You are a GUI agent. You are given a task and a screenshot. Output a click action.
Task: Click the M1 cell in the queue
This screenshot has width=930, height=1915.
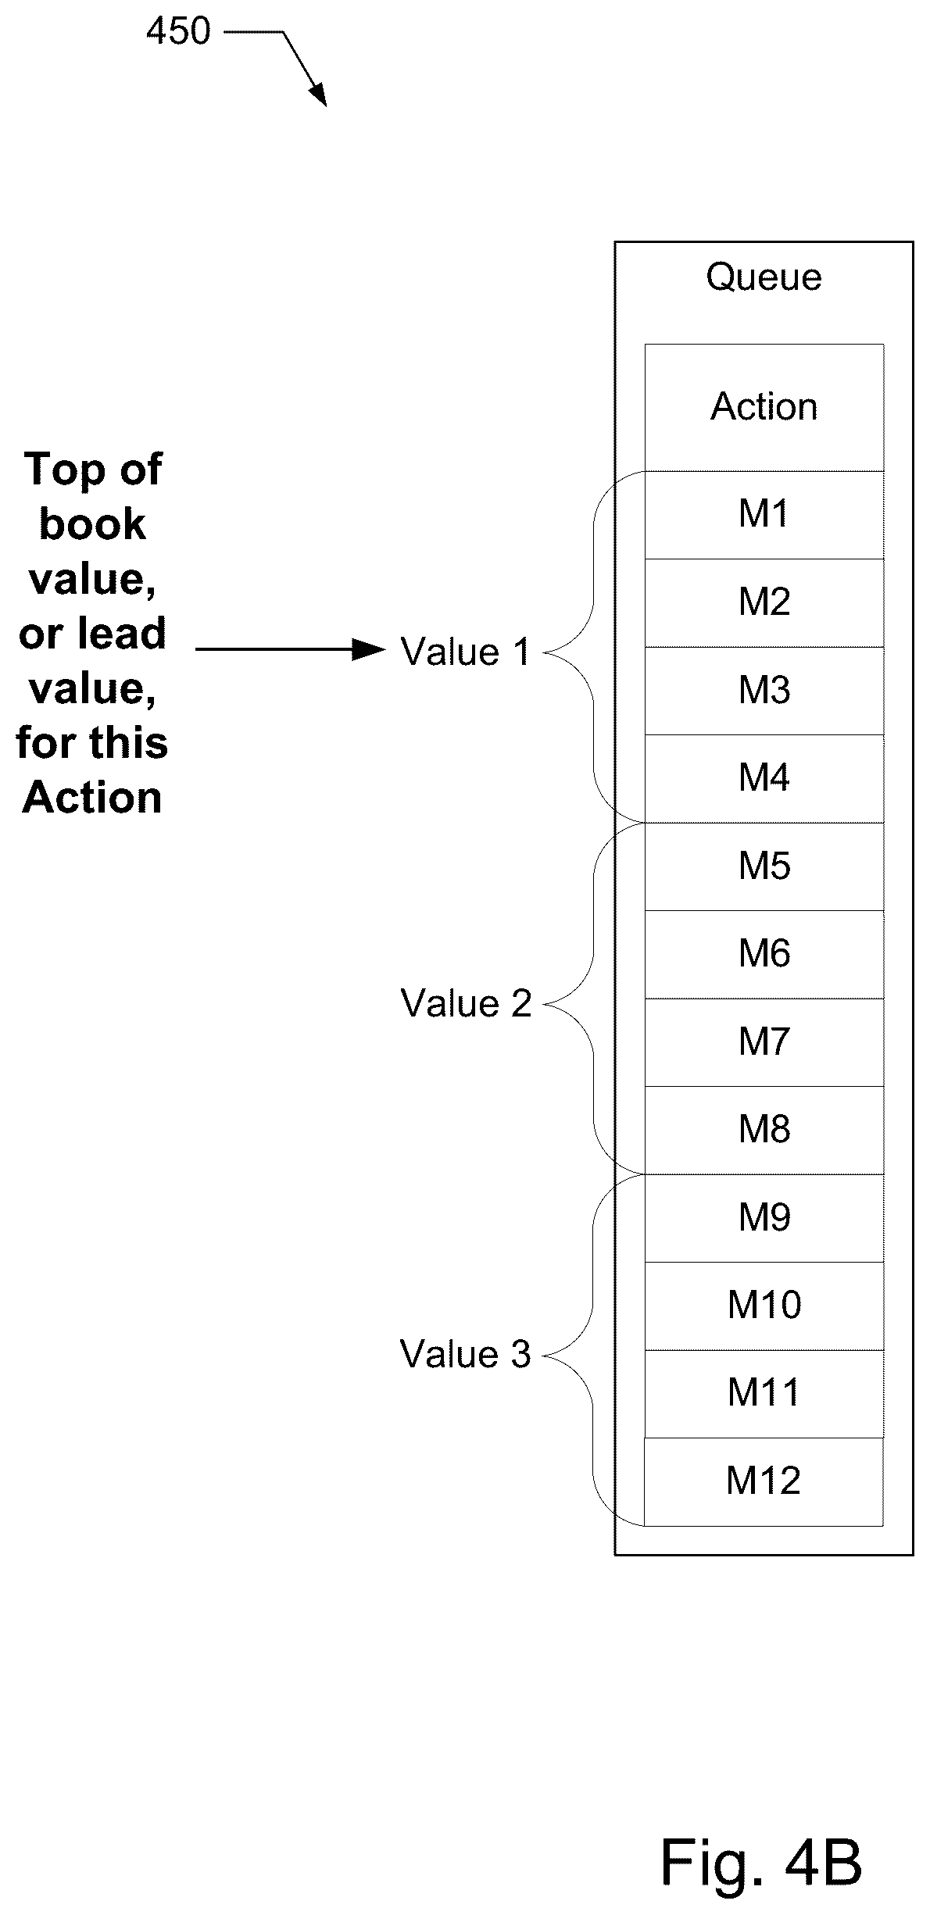pyautogui.click(x=764, y=515)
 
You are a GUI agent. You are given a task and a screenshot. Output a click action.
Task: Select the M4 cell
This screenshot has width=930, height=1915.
pyautogui.click(x=764, y=778)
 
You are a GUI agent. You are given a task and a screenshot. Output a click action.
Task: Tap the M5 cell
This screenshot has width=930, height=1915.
pyautogui.click(x=764, y=866)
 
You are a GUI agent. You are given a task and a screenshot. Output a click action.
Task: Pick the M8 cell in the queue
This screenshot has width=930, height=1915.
pyautogui.click(x=764, y=1130)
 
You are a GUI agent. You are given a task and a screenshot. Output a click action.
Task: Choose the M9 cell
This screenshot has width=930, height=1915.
pyautogui.click(x=764, y=1218)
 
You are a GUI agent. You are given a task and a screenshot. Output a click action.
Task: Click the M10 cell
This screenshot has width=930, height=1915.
pyautogui.click(x=764, y=1306)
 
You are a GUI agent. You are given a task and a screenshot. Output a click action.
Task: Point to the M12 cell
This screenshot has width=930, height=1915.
pyautogui.click(x=764, y=1481)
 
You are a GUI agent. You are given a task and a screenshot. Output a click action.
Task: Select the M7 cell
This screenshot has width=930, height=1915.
pyautogui.click(x=764, y=1042)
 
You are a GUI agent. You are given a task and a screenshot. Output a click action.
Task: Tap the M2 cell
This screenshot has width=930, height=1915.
pyautogui.click(x=764, y=602)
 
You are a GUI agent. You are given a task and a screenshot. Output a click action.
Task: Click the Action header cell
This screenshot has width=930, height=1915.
pyautogui.click(x=764, y=408)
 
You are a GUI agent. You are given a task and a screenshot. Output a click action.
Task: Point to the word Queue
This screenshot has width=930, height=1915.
pyautogui.click(x=764, y=278)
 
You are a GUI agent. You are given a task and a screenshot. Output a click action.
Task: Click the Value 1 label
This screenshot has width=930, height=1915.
pyautogui.click(x=466, y=652)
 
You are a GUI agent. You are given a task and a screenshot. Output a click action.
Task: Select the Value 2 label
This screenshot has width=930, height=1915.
pyautogui.click(x=466, y=1003)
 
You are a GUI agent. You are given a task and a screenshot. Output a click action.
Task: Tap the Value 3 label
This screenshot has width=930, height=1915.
pyautogui.click(x=466, y=1354)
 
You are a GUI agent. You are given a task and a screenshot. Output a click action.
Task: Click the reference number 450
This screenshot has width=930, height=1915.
pyautogui.click(x=179, y=31)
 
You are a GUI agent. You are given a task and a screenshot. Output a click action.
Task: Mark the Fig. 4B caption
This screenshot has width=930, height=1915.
pyautogui.click(x=761, y=1862)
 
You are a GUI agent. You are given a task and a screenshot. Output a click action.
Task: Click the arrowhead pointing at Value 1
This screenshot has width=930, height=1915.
pyautogui.click(x=369, y=649)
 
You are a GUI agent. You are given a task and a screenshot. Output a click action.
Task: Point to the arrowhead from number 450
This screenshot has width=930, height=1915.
pyautogui.click(x=317, y=94)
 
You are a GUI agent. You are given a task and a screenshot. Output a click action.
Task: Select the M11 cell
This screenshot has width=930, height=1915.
pyautogui.click(x=764, y=1394)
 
